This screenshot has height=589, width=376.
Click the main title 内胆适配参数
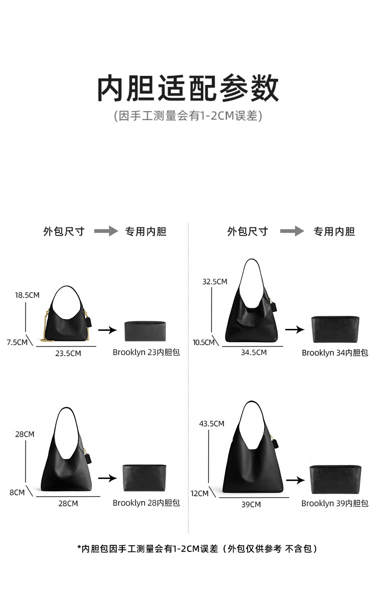(188, 89)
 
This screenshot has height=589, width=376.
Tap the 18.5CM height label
(27, 295)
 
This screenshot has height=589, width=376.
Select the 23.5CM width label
(68, 353)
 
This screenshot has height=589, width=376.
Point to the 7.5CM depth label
(17, 342)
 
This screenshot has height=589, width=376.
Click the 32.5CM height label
(215, 282)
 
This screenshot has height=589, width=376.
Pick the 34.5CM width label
(254, 352)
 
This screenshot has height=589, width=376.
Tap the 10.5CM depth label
(204, 342)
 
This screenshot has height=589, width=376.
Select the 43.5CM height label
(212, 424)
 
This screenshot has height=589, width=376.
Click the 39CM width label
(251, 504)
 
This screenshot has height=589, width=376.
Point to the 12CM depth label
(200, 493)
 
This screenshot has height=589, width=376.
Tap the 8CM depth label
(17, 493)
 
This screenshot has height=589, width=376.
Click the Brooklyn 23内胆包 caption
(146, 352)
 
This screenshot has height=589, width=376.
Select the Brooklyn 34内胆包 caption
(335, 352)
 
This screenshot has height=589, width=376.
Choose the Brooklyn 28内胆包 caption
(146, 503)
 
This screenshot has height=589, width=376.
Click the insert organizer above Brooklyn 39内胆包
(335, 480)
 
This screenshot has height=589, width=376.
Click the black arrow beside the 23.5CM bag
(108, 330)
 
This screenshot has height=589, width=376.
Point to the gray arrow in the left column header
(106, 230)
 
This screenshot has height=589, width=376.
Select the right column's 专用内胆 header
(334, 231)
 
